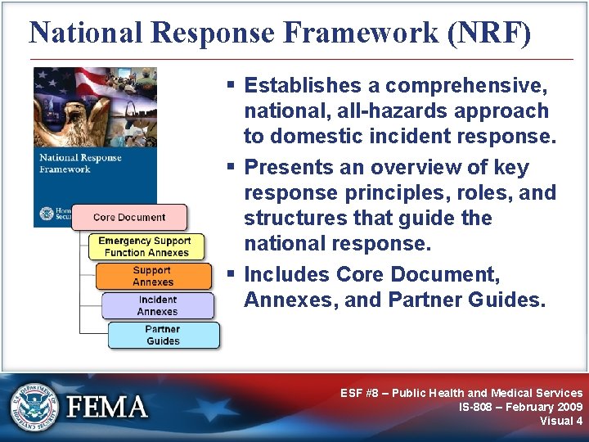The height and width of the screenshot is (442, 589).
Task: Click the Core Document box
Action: pyautogui.click(x=129, y=218)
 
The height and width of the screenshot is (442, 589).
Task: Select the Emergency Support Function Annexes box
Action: pyautogui.click(x=144, y=246)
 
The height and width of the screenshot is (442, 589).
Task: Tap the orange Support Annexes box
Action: pyautogui.click(x=152, y=276)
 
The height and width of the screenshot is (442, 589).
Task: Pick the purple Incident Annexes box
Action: pyautogui.click(x=157, y=305)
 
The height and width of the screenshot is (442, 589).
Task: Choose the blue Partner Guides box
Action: pyautogui.click(x=163, y=335)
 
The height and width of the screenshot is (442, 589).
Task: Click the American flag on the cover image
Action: pyautogui.click(x=57, y=82)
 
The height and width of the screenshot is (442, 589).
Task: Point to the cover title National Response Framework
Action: pyautogui.click(x=81, y=163)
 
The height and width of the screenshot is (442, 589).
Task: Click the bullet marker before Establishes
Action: pyautogui.click(x=232, y=85)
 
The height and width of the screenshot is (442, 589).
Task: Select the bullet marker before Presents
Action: pyautogui.click(x=232, y=168)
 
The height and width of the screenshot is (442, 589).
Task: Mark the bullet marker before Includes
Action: pyautogui.click(x=232, y=274)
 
